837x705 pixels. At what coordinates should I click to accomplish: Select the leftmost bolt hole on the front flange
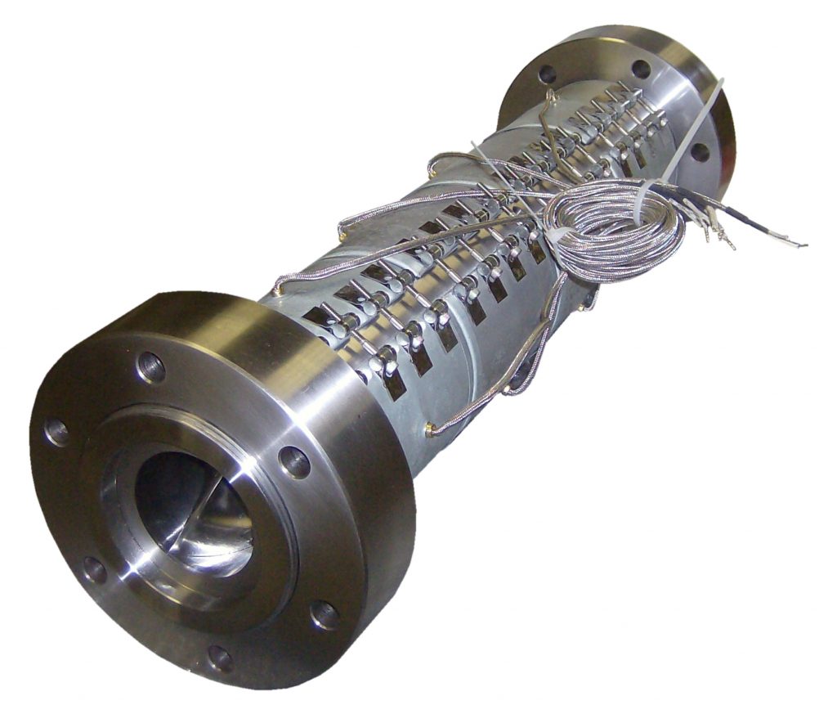pos(56,430)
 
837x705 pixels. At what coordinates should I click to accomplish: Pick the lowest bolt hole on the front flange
pos(219,657)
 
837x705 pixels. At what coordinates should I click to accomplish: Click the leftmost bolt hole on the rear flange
pos(547,74)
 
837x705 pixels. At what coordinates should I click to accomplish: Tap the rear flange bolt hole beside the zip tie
pos(700,152)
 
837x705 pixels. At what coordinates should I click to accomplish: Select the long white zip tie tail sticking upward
pos(695,131)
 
